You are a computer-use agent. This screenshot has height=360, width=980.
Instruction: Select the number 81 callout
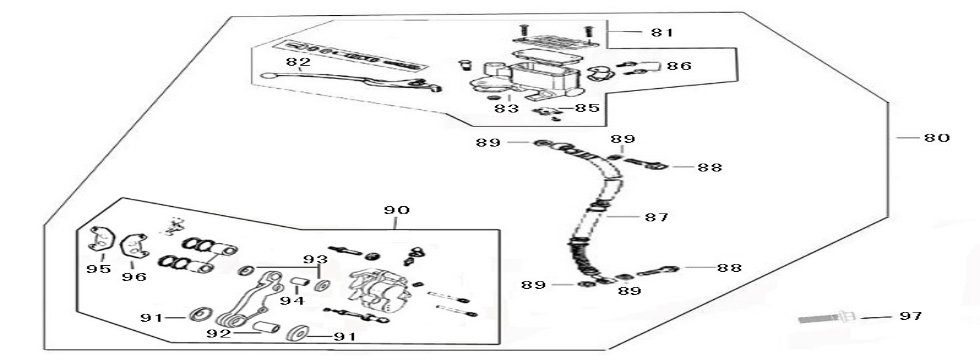pyautogui.click(x=661, y=33)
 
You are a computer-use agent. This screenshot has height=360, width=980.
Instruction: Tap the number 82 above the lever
pyautogui.click(x=297, y=62)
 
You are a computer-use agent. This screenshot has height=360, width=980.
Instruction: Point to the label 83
pyautogui.click(x=511, y=108)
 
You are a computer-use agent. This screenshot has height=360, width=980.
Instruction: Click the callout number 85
pyautogui.click(x=589, y=108)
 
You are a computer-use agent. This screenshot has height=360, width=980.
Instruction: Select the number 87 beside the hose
pyautogui.click(x=655, y=216)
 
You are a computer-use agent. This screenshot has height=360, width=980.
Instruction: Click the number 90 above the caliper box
pyautogui.click(x=397, y=211)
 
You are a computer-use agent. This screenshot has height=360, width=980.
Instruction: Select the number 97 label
pyautogui.click(x=909, y=317)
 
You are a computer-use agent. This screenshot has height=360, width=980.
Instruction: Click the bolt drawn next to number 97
pyautogui.click(x=825, y=319)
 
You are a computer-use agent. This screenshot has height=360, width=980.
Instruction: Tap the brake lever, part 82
pyautogui.click(x=340, y=80)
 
